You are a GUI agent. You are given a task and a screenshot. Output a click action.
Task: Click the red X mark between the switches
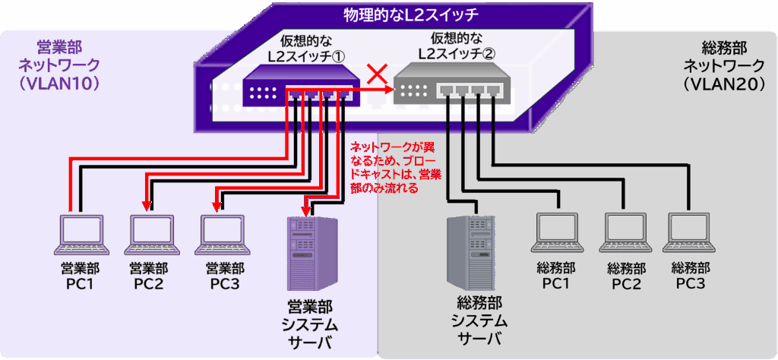[374, 74]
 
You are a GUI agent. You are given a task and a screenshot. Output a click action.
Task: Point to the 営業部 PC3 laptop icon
[223, 235]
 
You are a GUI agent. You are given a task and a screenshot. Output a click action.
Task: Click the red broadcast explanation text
[394, 166]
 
